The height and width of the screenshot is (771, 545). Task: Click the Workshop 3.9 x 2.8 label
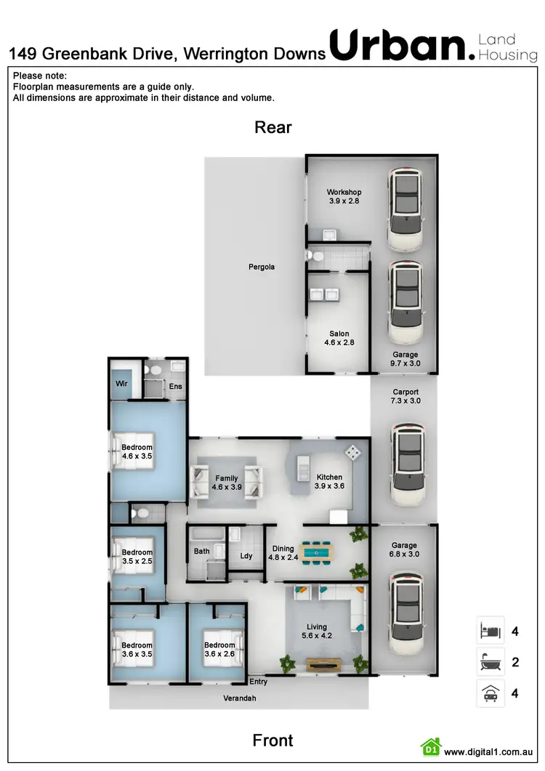point(344,197)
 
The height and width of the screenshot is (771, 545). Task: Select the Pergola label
point(262,267)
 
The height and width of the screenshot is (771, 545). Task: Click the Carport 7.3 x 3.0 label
point(406,396)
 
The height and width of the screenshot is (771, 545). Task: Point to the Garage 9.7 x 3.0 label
point(405,359)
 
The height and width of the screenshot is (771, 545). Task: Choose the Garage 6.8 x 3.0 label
point(404,550)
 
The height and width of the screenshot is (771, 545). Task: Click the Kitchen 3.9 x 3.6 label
point(328,482)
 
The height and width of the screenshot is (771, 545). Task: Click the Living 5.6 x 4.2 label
point(317,631)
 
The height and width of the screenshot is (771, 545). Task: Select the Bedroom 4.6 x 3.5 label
point(137,452)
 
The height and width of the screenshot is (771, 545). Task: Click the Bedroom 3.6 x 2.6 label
point(219,650)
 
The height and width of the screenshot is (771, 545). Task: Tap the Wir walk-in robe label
point(121,383)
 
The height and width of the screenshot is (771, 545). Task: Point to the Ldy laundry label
point(246,557)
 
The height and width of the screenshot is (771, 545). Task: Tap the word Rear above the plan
point(272,128)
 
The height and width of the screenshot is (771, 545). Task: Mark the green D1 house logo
point(432,748)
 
